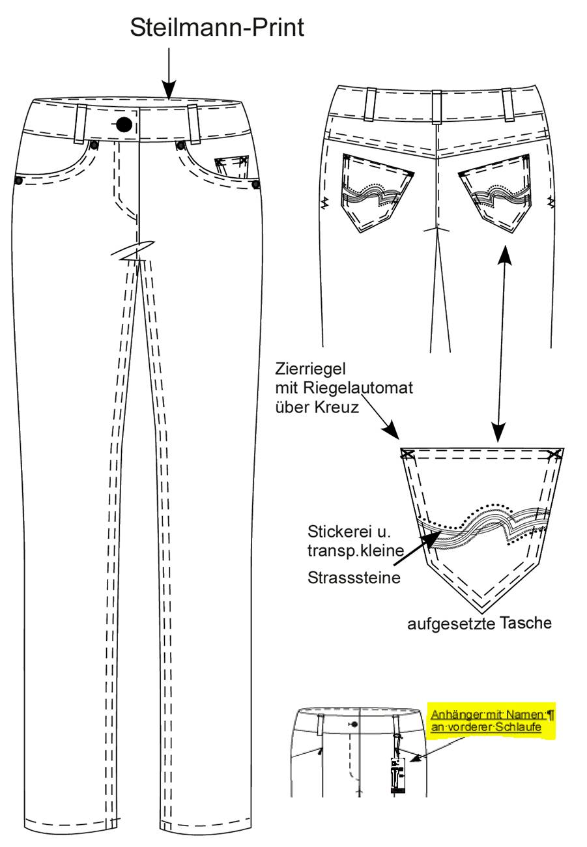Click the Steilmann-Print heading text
[x=217, y=28]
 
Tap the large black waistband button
[x=124, y=124]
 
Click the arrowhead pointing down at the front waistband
[x=169, y=90]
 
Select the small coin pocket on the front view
[x=231, y=166]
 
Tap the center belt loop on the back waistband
[x=437, y=107]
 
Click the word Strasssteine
[x=354, y=577]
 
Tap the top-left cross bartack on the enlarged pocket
[x=407, y=453]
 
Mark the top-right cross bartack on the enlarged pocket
[x=554, y=453]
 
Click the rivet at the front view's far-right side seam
[x=256, y=184]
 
